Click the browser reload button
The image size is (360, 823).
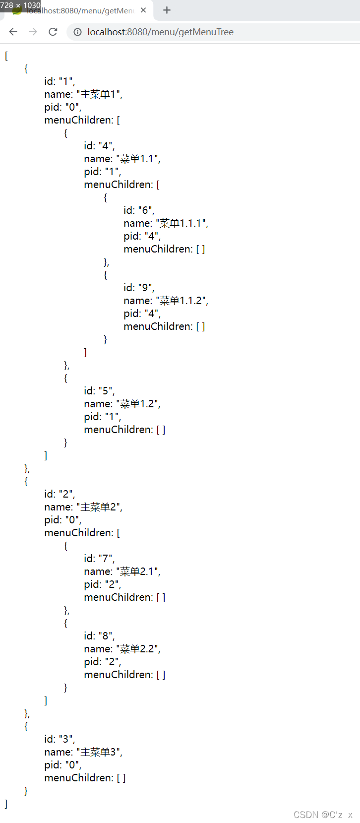tap(53, 32)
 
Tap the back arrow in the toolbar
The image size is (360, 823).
tap(13, 32)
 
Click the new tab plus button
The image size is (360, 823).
tap(167, 10)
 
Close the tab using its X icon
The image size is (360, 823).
tap(143, 10)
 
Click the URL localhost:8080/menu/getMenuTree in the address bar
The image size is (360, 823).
tap(160, 32)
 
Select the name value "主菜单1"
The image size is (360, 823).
tap(99, 94)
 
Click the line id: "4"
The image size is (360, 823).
tap(99, 146)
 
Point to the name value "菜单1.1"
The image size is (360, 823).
tap(138, 159)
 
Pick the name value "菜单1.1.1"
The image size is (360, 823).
tap(182, 223)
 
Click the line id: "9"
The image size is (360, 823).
tap(139, 288)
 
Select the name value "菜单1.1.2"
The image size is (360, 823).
tap(182, 301)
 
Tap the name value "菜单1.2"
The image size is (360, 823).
tap(138, 404)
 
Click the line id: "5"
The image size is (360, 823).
tap(99, 391)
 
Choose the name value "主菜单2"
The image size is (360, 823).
tap(99, 507)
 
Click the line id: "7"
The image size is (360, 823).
tap(99, 559)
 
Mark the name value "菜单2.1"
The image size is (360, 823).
tap(138, 571)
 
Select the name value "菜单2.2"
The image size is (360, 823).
tap(138, 649)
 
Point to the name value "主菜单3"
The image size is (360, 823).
tap(99, 752)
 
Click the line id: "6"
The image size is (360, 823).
tap(139, 210)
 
